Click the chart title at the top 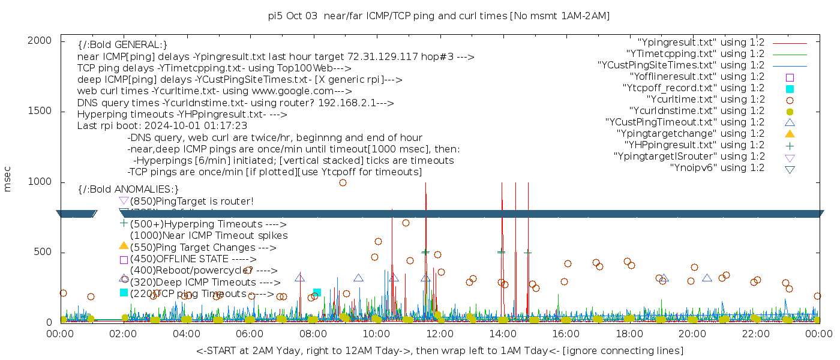pyautogui.click(x=439, y=16)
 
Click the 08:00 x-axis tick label pyautogui.click(x=313, y=334)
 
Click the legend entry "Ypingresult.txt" pyautogui.click(x=701, y=43)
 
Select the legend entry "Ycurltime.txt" pyautogui.click(x=706, y=100)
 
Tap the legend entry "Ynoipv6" pyautogui.click(x=717, y=168)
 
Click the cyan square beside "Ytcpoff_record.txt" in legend pyautogui.click(x=790, y=88)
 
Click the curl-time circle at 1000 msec pyautogui.click(x=343, y=182)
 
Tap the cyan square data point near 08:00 pyautogui.click(x=317, y=293)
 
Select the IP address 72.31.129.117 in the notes pyautogui.click(x=383, y=57)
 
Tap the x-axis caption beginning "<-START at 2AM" pyautogui.click(x=439, y=350)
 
